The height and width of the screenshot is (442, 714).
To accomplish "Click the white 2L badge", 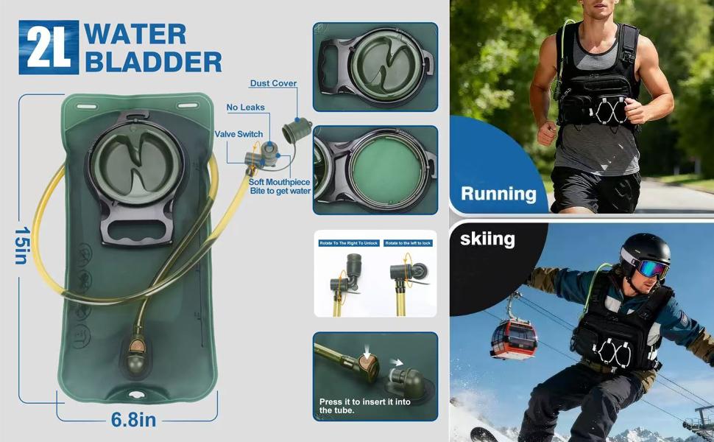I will (49, 48).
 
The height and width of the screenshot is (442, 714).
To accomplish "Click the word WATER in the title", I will (135, 34).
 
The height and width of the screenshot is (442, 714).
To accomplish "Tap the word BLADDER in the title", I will (153, 62).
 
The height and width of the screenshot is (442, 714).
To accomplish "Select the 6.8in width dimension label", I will (133, 421).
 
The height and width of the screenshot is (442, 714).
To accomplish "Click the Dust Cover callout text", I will (273, 83).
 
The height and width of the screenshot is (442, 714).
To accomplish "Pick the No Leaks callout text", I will (245, 108).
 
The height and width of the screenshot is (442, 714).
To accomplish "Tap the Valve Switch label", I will (239, 134).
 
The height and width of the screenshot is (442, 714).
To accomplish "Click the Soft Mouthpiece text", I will (279, 182).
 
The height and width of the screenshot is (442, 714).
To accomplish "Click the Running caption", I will (498, 194).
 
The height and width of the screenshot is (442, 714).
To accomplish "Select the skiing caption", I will (487, 239).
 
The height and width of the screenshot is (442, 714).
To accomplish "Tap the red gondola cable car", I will (512, 338).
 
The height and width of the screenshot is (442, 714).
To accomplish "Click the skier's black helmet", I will (644, 249).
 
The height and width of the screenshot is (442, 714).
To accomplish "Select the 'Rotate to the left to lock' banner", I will (409, 242).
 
